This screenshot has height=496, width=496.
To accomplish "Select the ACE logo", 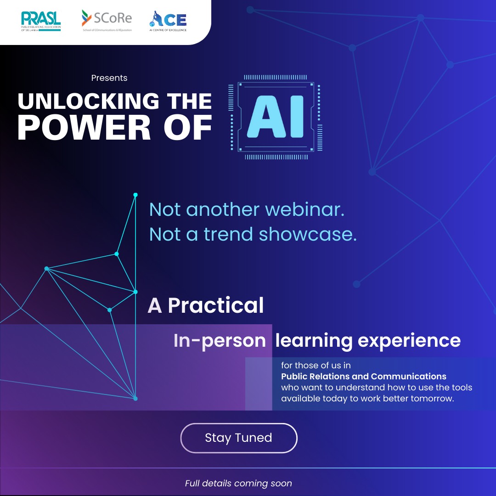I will tap(168, 21).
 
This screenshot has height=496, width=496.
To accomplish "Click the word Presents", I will tap(109, 78).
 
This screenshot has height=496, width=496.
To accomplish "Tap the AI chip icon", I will tap(276, 117).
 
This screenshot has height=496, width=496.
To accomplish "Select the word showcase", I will tap(308, 235).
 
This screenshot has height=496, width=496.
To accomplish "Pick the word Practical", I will tap(216, 306).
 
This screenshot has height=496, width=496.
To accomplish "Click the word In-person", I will tap(220, 341).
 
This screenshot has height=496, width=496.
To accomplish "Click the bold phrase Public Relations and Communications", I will tap(364, 377).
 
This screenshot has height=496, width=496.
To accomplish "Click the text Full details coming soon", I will tap(238, 483).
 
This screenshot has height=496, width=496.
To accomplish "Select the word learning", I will tap(314, 341).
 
